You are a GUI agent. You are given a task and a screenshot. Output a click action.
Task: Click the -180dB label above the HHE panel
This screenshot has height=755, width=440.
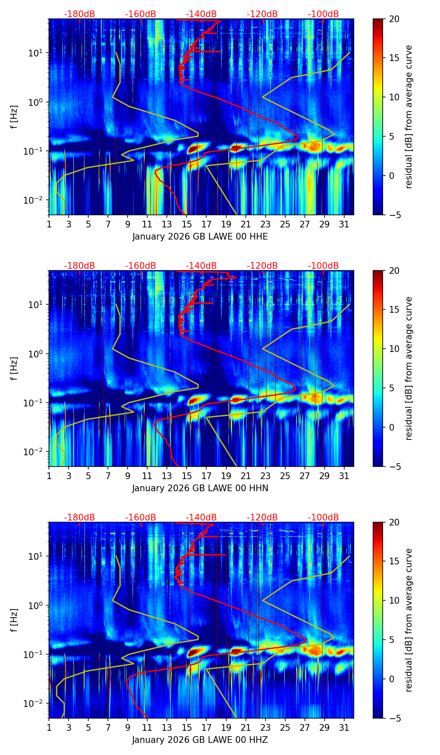[79, 14]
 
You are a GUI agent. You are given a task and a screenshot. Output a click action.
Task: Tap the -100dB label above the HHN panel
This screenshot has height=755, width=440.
[323, 266]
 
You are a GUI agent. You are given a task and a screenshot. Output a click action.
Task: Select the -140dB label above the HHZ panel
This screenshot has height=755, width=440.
[201, 518]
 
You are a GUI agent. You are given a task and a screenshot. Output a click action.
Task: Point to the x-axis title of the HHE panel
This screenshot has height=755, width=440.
[200, 237]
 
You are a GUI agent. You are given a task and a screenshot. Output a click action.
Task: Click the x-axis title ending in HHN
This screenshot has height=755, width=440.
[200, 488]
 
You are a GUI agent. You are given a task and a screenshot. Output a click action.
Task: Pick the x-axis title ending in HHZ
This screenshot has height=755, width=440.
[200, 740]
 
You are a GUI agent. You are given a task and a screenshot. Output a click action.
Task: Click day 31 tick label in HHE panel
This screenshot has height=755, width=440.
[344, 224]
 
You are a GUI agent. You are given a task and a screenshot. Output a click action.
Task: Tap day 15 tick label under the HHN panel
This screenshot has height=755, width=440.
[187, 476]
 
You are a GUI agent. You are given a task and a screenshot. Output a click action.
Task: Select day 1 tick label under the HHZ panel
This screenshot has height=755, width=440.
[49, 727]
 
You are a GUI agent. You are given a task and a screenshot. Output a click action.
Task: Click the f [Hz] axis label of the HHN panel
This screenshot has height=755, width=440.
[14, 368]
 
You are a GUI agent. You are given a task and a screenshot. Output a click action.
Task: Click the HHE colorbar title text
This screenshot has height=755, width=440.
[409, 117]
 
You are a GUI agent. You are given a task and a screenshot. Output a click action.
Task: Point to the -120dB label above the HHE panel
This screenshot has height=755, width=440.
[262, 14]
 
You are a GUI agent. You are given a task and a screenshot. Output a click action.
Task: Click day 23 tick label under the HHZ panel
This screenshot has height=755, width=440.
[265, 727]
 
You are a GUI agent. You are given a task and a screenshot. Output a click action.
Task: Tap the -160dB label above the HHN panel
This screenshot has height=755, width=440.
[141, 266]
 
